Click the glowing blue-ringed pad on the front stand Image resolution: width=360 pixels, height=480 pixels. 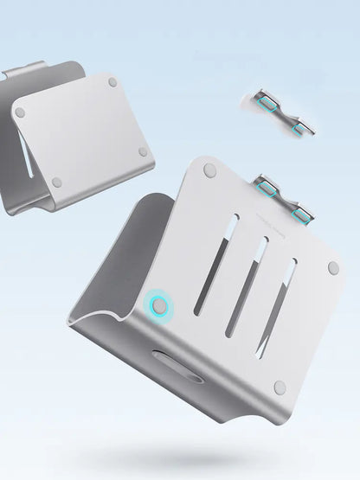click(x=159, y=305)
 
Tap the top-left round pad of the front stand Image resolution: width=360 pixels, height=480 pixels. click(x=209, y=171)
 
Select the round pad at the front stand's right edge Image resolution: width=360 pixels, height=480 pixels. click(x=333, y=268)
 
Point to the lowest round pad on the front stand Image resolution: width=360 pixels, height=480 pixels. click(x=280, y=387)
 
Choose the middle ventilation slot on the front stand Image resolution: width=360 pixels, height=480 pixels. click(x=243, y=295)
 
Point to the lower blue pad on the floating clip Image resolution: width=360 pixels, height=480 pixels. click(x=300, y=129)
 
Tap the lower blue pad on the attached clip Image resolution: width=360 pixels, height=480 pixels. click(x=302, y=214)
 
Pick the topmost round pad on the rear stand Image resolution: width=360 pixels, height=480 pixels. click(x=112, y=82)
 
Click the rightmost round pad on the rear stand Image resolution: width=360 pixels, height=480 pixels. click(x=144, y=151)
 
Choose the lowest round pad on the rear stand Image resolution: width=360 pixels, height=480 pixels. click(x=57, y=182)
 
